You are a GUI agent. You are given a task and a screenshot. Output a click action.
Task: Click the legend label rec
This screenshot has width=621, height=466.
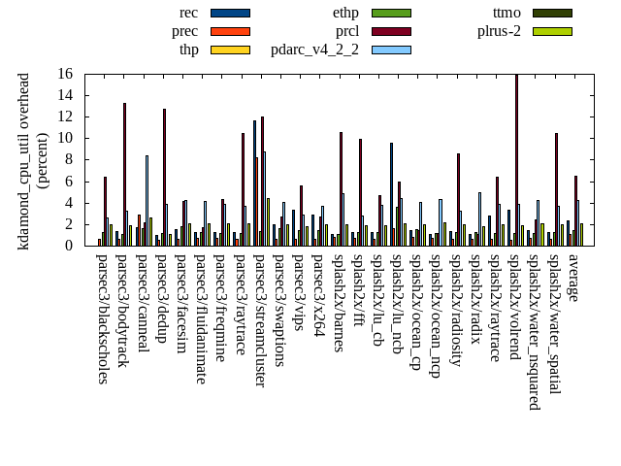point(189,13)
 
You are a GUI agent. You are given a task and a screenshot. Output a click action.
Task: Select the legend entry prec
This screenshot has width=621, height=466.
point(185,31)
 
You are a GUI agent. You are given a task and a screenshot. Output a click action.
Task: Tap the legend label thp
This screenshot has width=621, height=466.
point(189,50)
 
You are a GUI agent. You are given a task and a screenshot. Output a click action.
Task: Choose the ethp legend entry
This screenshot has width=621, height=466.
point(345,13)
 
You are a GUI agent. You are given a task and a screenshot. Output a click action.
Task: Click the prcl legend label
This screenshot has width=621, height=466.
point(347,31)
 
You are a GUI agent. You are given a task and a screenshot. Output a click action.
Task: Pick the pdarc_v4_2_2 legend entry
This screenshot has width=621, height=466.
point(315,50)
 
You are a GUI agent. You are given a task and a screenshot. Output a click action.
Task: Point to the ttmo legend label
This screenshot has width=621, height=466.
point(507,13)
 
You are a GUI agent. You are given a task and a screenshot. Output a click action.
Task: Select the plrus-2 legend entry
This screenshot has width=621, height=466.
point(499,31)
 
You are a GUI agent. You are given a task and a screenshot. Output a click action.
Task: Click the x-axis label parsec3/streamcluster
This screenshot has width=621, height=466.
point(259,319)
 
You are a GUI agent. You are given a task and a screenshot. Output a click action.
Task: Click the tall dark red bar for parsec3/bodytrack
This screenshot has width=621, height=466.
point(124,175)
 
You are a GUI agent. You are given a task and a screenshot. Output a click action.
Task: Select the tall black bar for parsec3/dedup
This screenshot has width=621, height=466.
point(164,178)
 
